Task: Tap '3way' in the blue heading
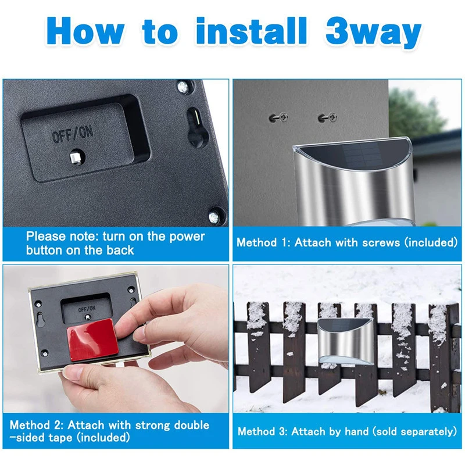point(373,33)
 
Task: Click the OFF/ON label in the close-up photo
point(73,134)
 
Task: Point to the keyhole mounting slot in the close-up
point(196,127)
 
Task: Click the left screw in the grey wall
point(278,118)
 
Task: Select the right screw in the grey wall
point(327,118)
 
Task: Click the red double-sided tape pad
point(92,339)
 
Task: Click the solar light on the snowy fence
point(344,341)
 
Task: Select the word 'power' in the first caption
point(187,237)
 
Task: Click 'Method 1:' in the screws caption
point(263,242)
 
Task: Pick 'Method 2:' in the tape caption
point(37,425)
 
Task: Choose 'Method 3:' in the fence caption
point(263,431)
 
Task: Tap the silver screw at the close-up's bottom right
point(214,217)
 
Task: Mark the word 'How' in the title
point(85,31)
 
